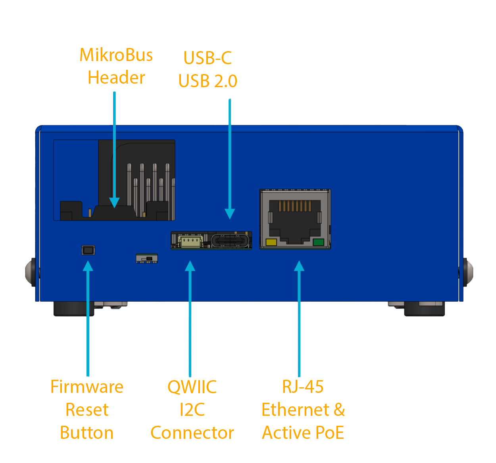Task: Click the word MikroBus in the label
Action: (x=116, y=55)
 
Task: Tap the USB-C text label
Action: (x=207, y=58)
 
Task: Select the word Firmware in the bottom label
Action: (x=87, y=387)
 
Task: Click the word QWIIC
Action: (x=192, y=387)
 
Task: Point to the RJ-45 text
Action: (x=303, y=387)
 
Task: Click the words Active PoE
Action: (x=303, y=433)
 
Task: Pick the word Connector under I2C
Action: (x=192, y=433)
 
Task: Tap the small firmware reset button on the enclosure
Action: (x=88, y=250)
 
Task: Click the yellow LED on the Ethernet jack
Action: (x=271, y=242)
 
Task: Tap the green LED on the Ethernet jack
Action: (x=318, y=242)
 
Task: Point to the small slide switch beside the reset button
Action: (x=147, y=258)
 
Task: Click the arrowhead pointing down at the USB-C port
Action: (x=230, y=214)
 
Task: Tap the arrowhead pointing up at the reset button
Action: (x=88, y=266)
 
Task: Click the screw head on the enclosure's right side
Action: (x=469, y=272)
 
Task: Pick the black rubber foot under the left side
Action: (x=73, y=309)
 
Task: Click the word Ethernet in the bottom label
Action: (x=295, y=410)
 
